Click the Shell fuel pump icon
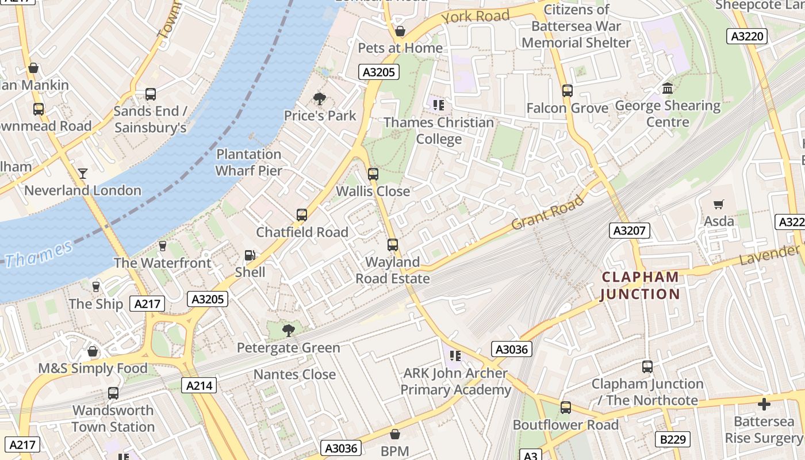pyautogui.click(x=250, y=255)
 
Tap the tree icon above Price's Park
pyautogui.click(x=320, y=99)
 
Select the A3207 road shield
pyautogui.click(x=630, y=231)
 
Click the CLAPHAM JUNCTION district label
pyautogui.click(x=640, y=286)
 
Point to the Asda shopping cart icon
pyautogui.click(x=718, y=205)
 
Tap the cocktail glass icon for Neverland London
pyautogui.click(x=83, y=173)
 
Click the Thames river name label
pyautogui.click(x=39, y=254)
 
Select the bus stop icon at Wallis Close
pyautogui.click(x=373, y=174)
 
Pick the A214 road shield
pyautogui.click(x=199, y=385)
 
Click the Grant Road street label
pyautogui.click(x=547, y=212)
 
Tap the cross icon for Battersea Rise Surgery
pyautogui.click(x=764, y=404)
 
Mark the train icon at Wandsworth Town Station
pyautogui.click(x=113, y=393)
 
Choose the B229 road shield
pyautogui.click(x=672, y=439)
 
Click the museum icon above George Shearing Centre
pyautogui.click(x=668, y=89)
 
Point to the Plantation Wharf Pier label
pyautogui.click(x=248, y=162)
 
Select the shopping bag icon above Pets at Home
pyautogui.click(x=400, y=31)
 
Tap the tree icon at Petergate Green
pyautogui.click(x=288, y=331)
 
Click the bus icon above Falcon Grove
pyautogui.click(x=568, y=91)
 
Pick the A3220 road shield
pyautogui.click(x=747, y=36)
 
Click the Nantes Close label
pyautogui.click(x=294, y=374)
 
